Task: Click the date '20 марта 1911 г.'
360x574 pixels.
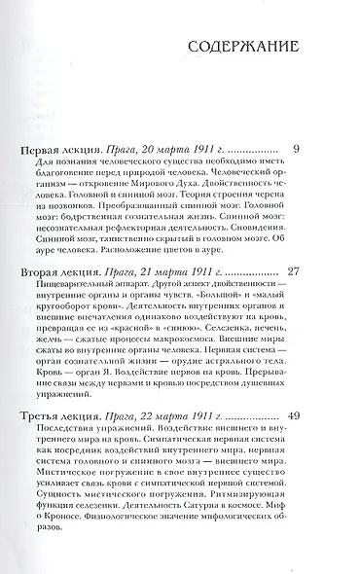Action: tap(172, 151)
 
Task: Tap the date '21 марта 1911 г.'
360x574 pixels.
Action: tap(174, 268)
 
